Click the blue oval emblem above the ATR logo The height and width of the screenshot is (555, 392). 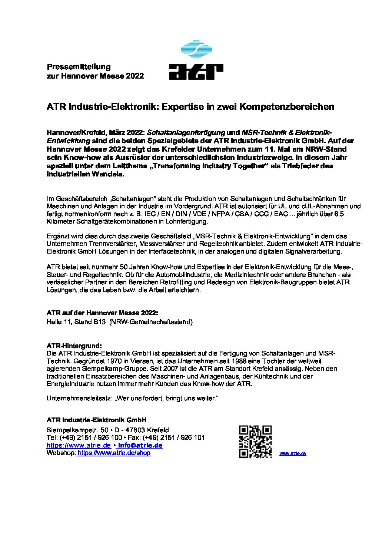click(196, 49)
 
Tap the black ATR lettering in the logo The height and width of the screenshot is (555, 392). click(196, 72)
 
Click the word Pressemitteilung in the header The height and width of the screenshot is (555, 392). click(79, 67)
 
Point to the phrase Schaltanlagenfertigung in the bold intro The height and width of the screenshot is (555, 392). click(186, 132)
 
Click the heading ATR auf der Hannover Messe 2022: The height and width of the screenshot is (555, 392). click(102, 313)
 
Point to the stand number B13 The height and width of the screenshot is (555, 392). click(100, 322)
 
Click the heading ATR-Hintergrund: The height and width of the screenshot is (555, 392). click(74, 346)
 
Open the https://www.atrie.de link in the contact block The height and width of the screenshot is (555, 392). click(79, 445)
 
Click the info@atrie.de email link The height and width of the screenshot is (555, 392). click(140, 445)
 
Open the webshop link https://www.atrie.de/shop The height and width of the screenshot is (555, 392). click(114, 453)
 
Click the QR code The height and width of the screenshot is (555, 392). click(255, 442)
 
